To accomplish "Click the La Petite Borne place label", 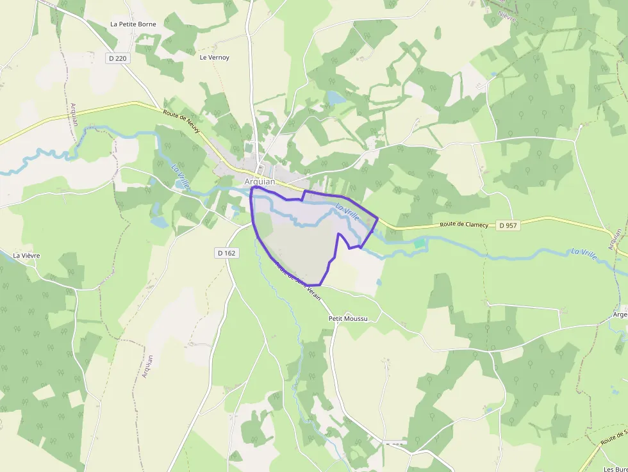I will click(x=133, y=24).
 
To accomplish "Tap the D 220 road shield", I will click(x=117, y=58).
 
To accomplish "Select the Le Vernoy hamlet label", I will click(x=214, y=58).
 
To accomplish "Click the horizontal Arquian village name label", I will click(x=260, y=182).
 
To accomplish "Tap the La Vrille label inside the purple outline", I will click(x=347, y=211).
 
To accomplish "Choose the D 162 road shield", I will click(x=226, y=253).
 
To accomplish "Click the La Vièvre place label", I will click(x=26, y=256).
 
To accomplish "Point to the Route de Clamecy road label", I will click(x=464, y=225).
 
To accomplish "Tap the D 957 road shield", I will click(x=508, y=225).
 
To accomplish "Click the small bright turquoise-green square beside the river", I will click(x=419, y=243).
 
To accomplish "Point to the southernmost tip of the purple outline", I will click(x=314, y=285).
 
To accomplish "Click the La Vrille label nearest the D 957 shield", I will click(x=584, y=254).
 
